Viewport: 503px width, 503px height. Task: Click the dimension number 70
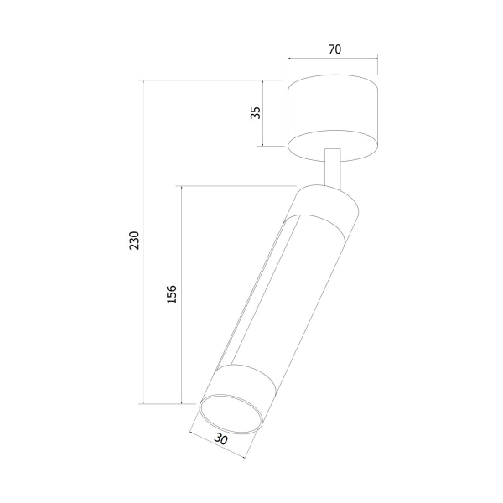coord(334,49)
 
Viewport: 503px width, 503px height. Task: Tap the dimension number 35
coord(256,112)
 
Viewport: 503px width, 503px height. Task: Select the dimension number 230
coord(134,241)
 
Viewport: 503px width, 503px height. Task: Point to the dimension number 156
coord(172,294)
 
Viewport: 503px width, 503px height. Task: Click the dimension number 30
coord(220,438)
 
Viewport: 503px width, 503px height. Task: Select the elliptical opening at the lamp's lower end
coord(231,414)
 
